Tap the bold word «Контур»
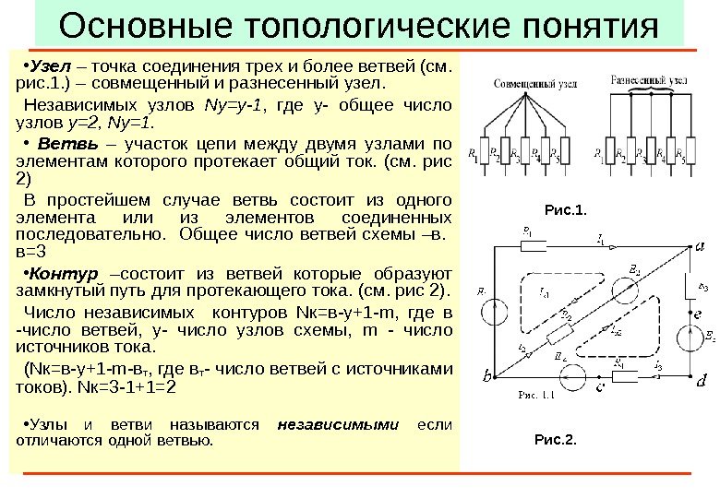(62, 274)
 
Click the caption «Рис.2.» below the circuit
(555, 439)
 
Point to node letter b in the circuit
(486, 377)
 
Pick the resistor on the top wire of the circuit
(534, 246)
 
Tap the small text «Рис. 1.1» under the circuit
(535, 395)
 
